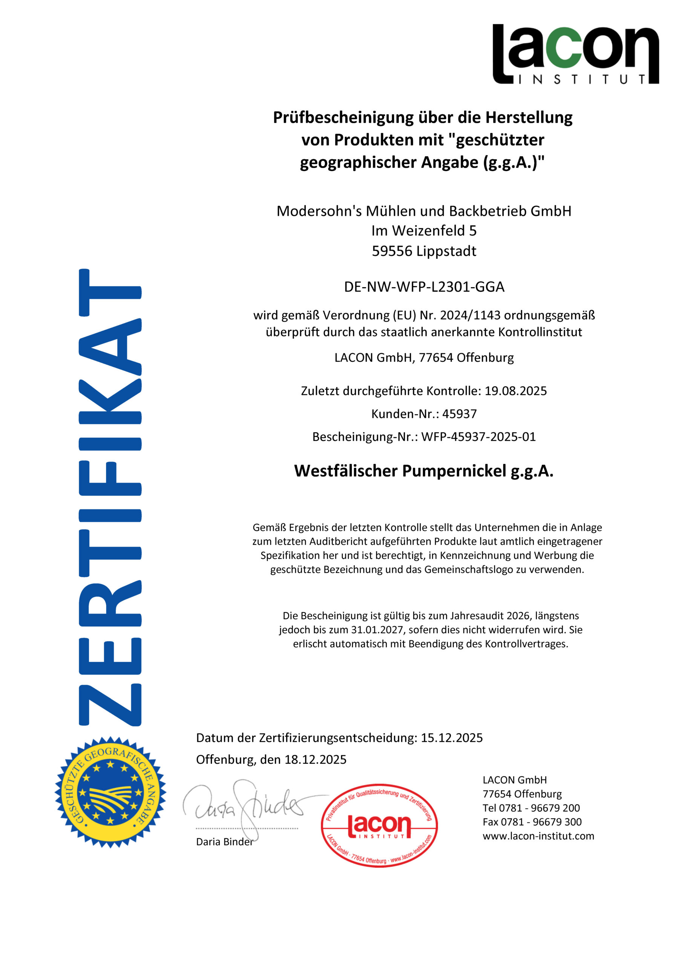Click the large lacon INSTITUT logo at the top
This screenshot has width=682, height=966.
[575, 54]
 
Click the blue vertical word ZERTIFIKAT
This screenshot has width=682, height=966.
[110, 497]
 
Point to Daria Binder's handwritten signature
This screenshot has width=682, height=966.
[248, 806]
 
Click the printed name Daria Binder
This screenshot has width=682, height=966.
[225, 842]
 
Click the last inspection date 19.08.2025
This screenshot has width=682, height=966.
[515, 391]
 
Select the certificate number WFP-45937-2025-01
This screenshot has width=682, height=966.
[478, 437]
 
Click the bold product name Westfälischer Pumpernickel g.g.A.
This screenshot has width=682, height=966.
[424, 471]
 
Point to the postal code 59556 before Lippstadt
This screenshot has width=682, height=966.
[392, 251]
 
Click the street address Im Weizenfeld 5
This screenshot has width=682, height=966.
[424, 231]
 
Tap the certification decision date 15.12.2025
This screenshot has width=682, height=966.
[452, 738]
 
